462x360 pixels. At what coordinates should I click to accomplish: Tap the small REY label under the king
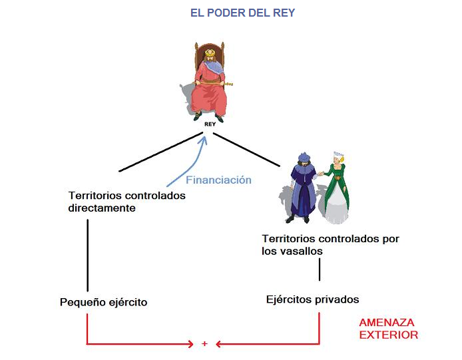click(208, 124)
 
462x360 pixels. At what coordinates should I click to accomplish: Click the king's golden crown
click(209, 52)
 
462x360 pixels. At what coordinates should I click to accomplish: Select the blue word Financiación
click(218, 180)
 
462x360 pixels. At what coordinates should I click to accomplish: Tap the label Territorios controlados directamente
click(126, 202)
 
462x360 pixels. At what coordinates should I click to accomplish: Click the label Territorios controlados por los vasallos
click(330, 244)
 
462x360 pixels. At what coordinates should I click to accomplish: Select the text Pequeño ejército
click(103, 302)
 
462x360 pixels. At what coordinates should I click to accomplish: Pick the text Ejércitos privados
click(312, 299)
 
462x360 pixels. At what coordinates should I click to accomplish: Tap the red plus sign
click(204, 343)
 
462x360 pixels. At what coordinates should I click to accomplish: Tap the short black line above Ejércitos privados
click(320, 270)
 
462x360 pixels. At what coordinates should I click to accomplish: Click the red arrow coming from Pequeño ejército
click(133, 343)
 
